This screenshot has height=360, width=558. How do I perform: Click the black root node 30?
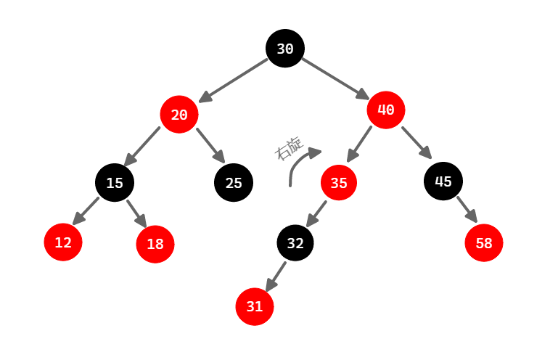coord(285,49)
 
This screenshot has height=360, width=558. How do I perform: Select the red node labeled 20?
coord(179,114)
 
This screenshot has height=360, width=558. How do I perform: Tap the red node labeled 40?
coord(386,110)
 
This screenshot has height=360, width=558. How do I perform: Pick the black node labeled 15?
coord(115,183)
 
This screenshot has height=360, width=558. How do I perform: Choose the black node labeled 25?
coord(234,182)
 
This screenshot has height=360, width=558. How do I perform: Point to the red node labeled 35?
coord(339,183)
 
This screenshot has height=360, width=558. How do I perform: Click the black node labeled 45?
coord(443,181)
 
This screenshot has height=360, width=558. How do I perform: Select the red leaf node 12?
coord(63,242)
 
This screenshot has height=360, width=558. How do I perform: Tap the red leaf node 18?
coord(155,244)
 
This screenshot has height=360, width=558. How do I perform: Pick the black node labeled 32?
coord(295,243)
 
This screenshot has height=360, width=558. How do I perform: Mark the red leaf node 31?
coord(255,306)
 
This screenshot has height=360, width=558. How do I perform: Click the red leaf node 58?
coord(484,243)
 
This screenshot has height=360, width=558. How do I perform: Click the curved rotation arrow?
coord(298,163)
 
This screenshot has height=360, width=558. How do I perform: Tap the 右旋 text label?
coord(288,148)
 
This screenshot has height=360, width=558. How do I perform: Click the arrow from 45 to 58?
coord(466,209)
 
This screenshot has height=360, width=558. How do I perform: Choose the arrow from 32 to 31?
coord(276,276)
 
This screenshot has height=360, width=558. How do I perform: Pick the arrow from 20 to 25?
coord(210,145)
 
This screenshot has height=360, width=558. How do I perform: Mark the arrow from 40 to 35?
coord(360,144)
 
